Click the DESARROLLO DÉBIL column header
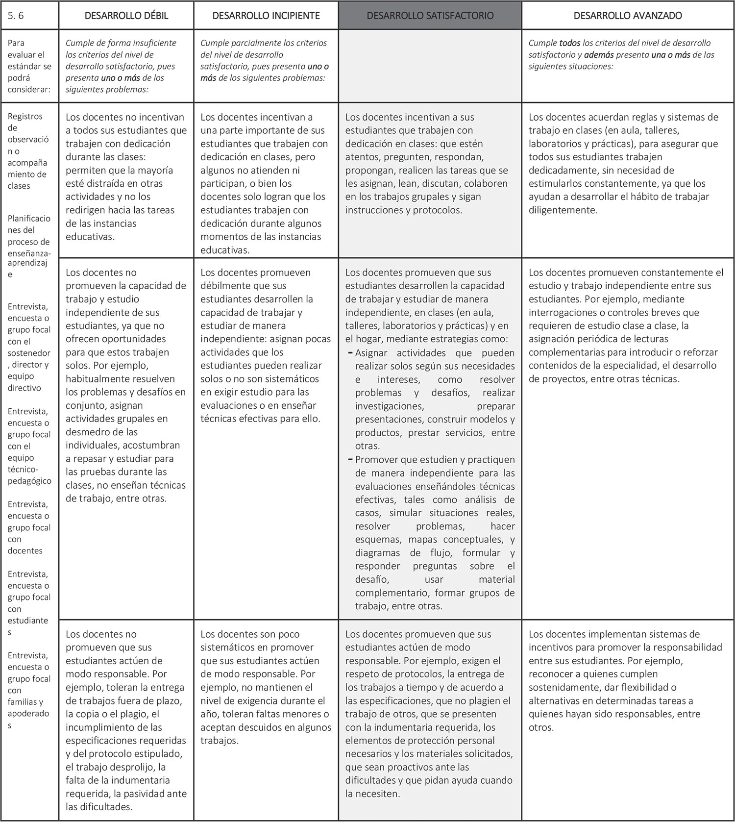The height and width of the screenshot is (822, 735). click(x=126, y=16)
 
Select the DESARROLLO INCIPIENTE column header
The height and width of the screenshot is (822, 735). click(x=266, y=16)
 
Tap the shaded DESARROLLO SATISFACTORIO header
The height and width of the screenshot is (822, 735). click(x=430, y=16)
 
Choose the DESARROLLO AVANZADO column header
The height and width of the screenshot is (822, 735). click(x=628, y=16)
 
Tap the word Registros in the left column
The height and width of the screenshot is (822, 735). click(x=25, y=116)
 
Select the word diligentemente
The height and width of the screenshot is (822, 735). click(x=563, y=210)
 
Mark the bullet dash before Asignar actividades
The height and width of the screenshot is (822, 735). click(x=350, y=353)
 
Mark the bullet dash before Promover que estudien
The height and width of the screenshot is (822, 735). click(x=350, y=460)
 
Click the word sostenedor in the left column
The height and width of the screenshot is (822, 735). click(x=29, y=353)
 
